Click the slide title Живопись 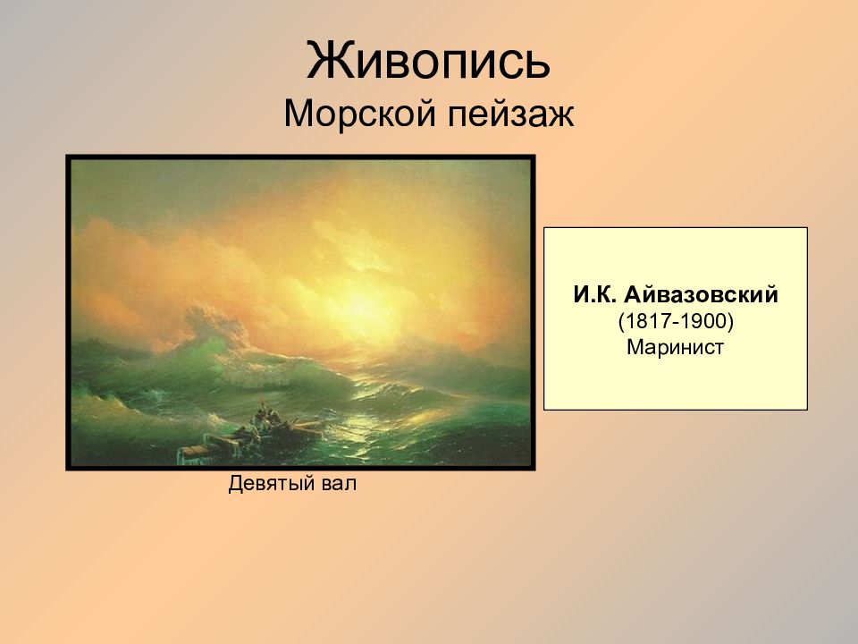(428, 61)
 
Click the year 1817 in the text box (641, 320)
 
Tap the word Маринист (675, 346)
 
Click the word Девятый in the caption (269, 485)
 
